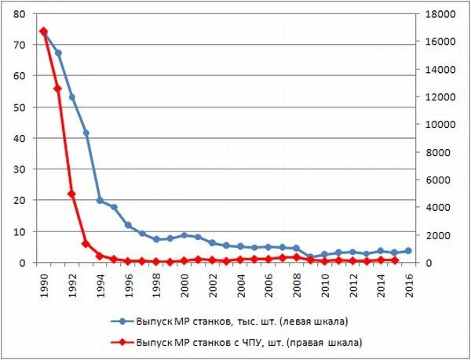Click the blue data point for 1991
click(58, 53)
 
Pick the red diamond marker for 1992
click(71, 194)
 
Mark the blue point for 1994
click(100, 200)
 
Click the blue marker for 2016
click(408, 251)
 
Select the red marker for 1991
click(58, 88)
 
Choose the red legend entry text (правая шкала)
click(249, 342)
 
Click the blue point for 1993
click(86, 133)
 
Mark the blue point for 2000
click(184, 235)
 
